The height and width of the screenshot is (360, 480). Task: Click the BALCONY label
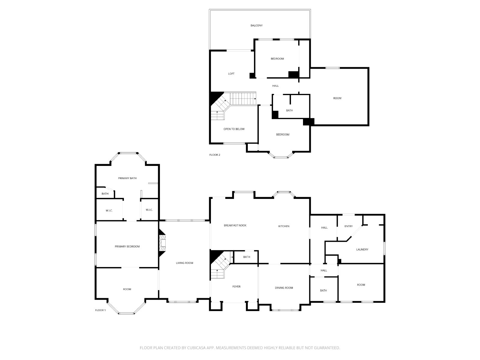click(x=256, y=25)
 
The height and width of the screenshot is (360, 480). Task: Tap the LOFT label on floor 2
click(x=231, y=74)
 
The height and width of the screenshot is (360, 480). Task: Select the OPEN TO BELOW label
click(x=234, y=129)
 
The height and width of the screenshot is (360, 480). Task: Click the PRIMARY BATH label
click(x=127, y=178)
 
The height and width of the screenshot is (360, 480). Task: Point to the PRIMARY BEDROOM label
click(x=127, y=247)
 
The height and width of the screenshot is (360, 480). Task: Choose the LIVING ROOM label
click(x=184, y=263)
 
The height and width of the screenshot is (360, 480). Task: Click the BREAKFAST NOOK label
click(x=235, y=225)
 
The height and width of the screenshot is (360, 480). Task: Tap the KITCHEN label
click(x=284, y=226)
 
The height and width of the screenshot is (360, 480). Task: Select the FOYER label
click(x=236, y=286)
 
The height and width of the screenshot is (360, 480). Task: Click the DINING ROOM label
click(x=284, y=288)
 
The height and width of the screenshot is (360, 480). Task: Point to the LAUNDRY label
click(x=362, y=250)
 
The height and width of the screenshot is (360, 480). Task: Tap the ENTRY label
click(x=349, y=226)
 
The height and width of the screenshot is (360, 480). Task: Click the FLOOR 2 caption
click(x=215, y=155)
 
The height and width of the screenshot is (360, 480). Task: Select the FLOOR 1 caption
click(x=100, y=310)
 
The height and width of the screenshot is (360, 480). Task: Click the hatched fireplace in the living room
click(x=162, y=243)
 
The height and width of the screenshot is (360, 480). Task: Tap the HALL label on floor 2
click(x=275, y=86)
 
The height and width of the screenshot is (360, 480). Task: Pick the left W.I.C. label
click(x=109, y=211)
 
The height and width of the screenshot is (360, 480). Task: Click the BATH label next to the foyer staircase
click(x=247, y=257)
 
